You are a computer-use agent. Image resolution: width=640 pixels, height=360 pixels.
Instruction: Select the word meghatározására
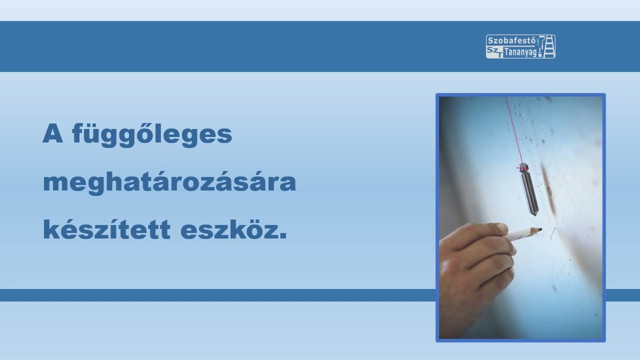pyautogui.click(x=169, y=183)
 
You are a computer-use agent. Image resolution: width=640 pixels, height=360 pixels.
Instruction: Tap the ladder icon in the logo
pyautogui.click(x=549, y=46)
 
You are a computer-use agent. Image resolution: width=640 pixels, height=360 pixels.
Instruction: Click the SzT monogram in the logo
pyautogui.click(x=493, y=52)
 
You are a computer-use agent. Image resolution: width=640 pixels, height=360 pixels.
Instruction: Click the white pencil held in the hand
pyautogui.click(x=522, y=233)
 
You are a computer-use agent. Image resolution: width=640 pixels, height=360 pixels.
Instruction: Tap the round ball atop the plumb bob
pyautogui.click(x=522, y=166)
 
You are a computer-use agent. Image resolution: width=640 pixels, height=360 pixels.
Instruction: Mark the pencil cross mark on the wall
pyautogui.click(x=553, y=230)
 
